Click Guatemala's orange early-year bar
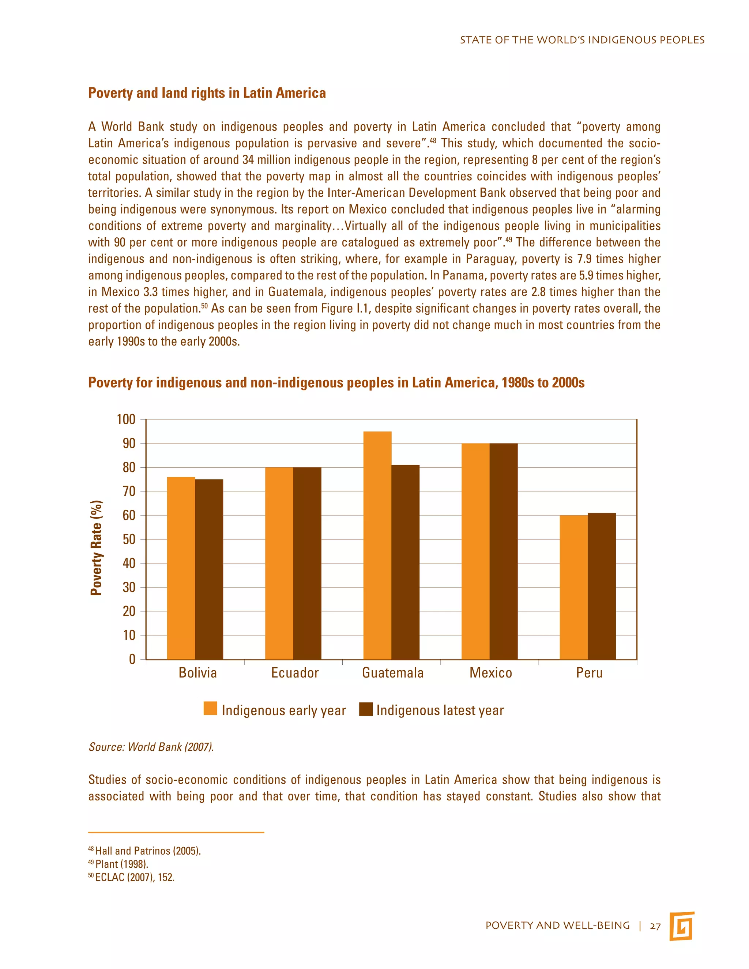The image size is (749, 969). point(377,545)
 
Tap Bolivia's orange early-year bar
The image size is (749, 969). point(181,568)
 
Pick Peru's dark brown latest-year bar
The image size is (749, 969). point(601,586)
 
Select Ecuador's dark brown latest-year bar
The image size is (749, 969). point(307,563)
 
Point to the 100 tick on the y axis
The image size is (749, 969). point(126,419)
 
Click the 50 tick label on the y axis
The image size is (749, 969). point(129,539)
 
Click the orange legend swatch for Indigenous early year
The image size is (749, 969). point(210,709)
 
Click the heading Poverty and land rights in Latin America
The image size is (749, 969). point(207,93)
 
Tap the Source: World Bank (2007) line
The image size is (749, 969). point(151,747)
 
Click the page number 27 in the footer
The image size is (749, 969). point(655,925)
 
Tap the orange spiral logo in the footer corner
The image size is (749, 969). point(682,925)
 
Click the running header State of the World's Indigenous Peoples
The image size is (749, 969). point(582,40)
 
